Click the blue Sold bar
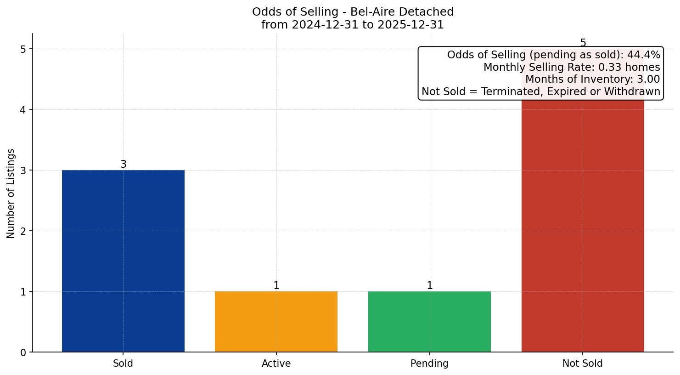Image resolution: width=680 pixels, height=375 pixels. pos(123,261)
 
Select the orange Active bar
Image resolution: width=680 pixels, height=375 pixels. pos(276,321)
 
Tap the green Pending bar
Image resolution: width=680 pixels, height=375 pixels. pos(429,321)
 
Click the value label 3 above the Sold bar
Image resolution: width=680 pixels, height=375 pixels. pos(123,165)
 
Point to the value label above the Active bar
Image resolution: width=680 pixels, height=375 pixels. pos(276,286)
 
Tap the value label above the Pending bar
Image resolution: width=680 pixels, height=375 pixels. pos(429,286)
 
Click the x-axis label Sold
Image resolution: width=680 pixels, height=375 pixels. pos(123,364)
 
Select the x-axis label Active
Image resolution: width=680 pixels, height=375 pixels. pos(276,364)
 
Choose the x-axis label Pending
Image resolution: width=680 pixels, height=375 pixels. pos(429,364)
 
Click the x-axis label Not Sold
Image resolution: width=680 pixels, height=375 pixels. pos(582,364)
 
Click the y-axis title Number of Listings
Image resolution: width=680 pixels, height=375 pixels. pos(11,193)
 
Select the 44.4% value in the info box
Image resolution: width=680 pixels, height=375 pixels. pos(643,55)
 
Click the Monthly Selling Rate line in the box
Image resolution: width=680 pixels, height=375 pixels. pos(571,68)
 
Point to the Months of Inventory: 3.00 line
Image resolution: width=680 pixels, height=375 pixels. pos(592,80)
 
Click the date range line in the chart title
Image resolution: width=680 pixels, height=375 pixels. pos(352,25)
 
